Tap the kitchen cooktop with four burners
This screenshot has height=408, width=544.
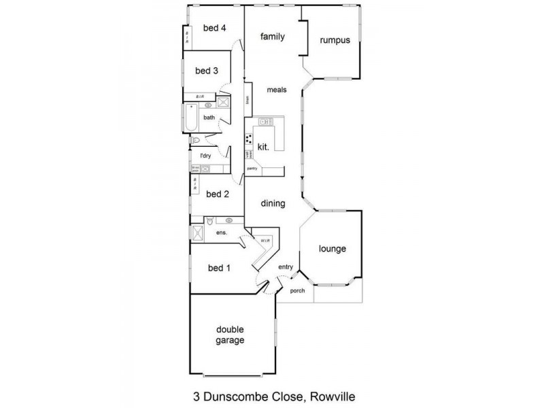tap(248, 141)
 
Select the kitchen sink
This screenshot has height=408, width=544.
tap(265, 122)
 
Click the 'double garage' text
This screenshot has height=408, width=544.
tap(230, 335)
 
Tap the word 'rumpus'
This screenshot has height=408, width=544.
tap(335, 40)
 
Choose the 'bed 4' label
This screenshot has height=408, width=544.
tap(214, 28)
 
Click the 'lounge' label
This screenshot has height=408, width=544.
tap(333, 249)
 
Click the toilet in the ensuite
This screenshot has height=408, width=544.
tap(210, 221)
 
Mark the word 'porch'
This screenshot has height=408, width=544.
tap(297, 291)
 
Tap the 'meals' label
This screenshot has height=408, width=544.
tap(277, 90)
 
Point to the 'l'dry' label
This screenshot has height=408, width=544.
tap(205, 156)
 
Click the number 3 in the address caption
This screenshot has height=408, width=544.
tap(188, 395)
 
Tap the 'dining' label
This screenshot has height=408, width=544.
tap(273, 203)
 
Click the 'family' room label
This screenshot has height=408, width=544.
tap(272, 37)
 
